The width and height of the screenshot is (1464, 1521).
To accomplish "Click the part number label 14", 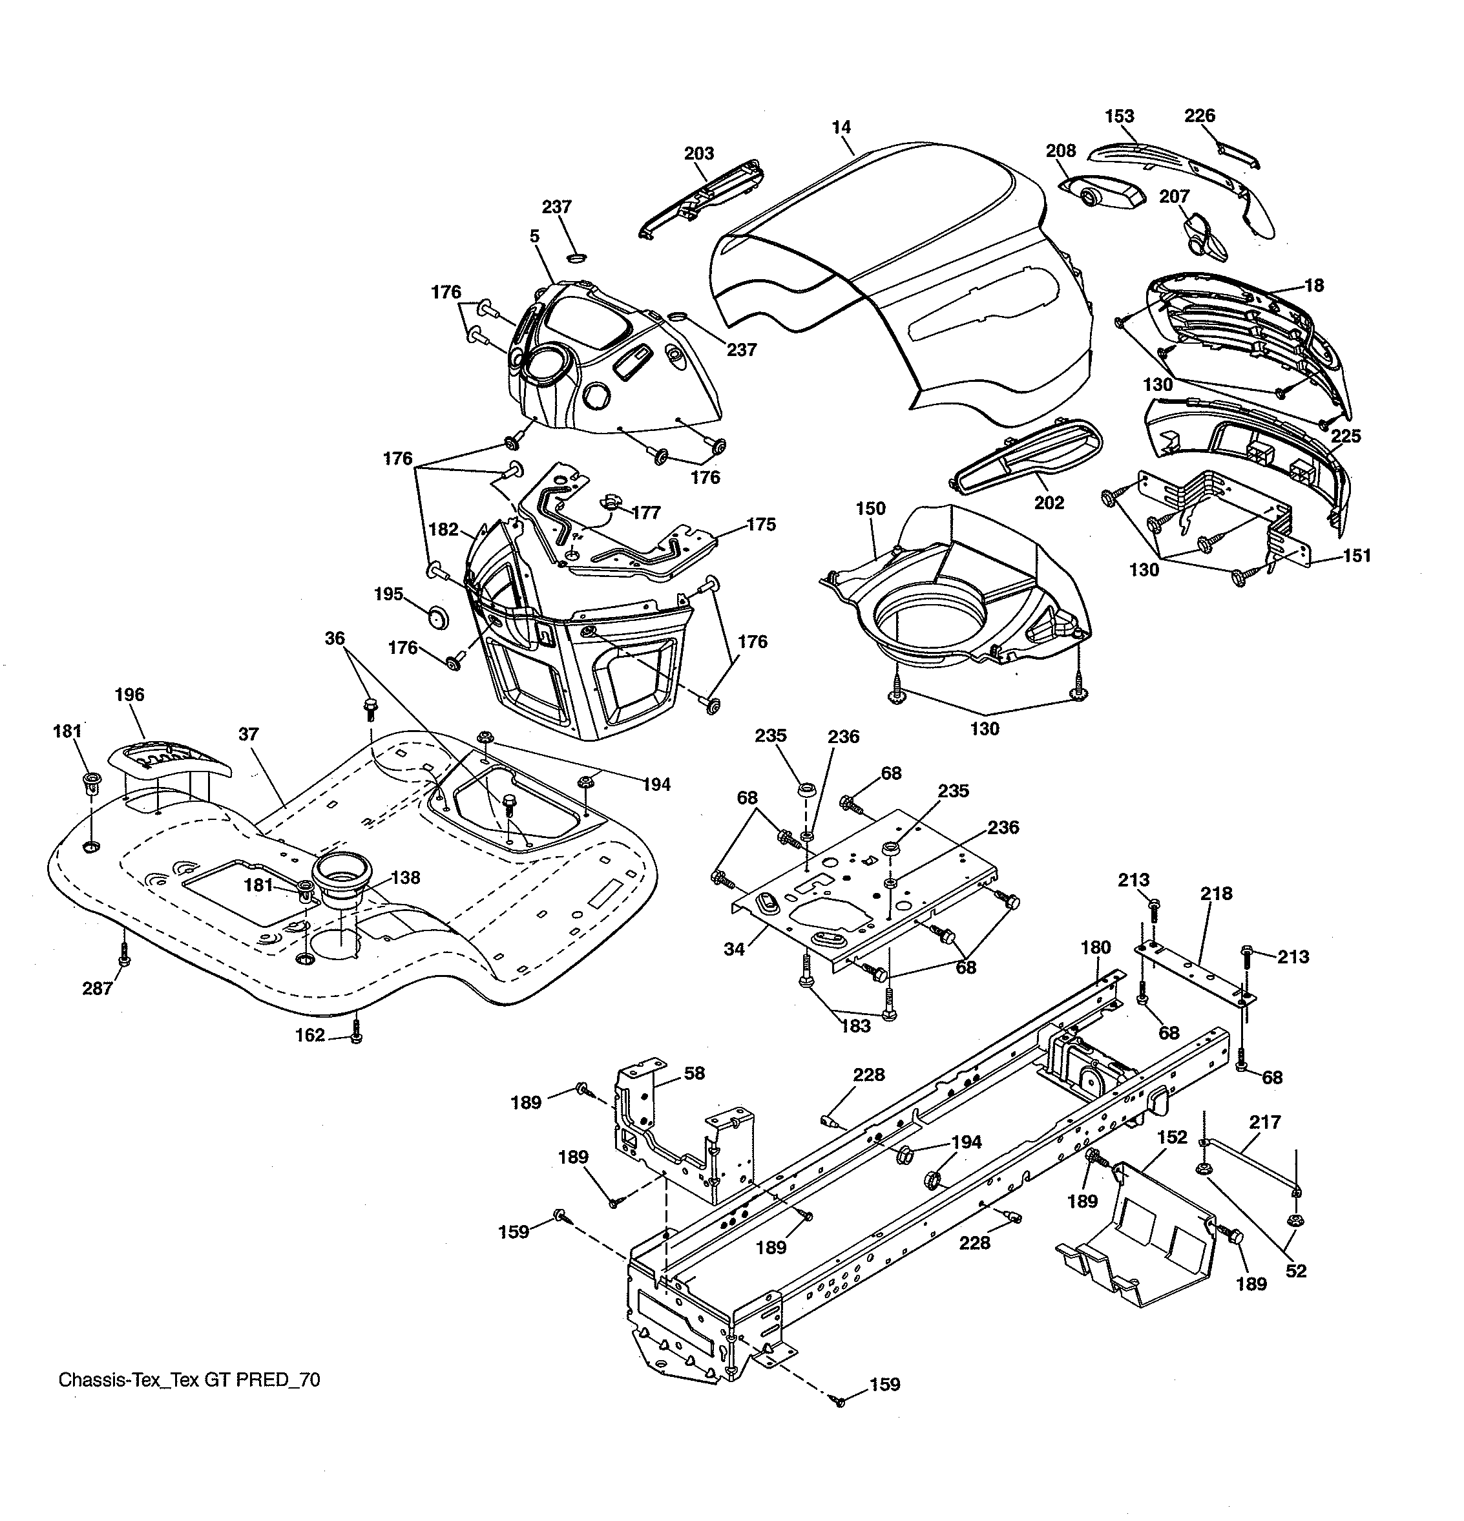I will pos(841,127).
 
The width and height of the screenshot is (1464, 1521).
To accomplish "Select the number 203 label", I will pos(698,154).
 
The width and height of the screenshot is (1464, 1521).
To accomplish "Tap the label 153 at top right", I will pos(1119,116).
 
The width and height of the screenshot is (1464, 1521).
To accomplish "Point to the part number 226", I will pos(1200,116).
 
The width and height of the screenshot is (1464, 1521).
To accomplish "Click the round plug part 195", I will pos(438,618).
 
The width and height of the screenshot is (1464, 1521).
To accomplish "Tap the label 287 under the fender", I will pos(97,988).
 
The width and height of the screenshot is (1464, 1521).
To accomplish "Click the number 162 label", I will pos(309,1035).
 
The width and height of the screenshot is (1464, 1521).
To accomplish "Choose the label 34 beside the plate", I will pos(734,949).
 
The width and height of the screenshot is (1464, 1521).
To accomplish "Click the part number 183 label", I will pos(856,1026).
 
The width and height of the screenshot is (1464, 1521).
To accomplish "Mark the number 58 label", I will pos(694,1073).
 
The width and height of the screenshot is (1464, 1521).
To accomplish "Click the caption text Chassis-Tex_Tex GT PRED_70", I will pos(189,1379).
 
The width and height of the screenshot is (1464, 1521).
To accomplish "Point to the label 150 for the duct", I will pos(870,509).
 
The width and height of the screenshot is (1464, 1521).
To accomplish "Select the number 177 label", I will pos(645,512).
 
